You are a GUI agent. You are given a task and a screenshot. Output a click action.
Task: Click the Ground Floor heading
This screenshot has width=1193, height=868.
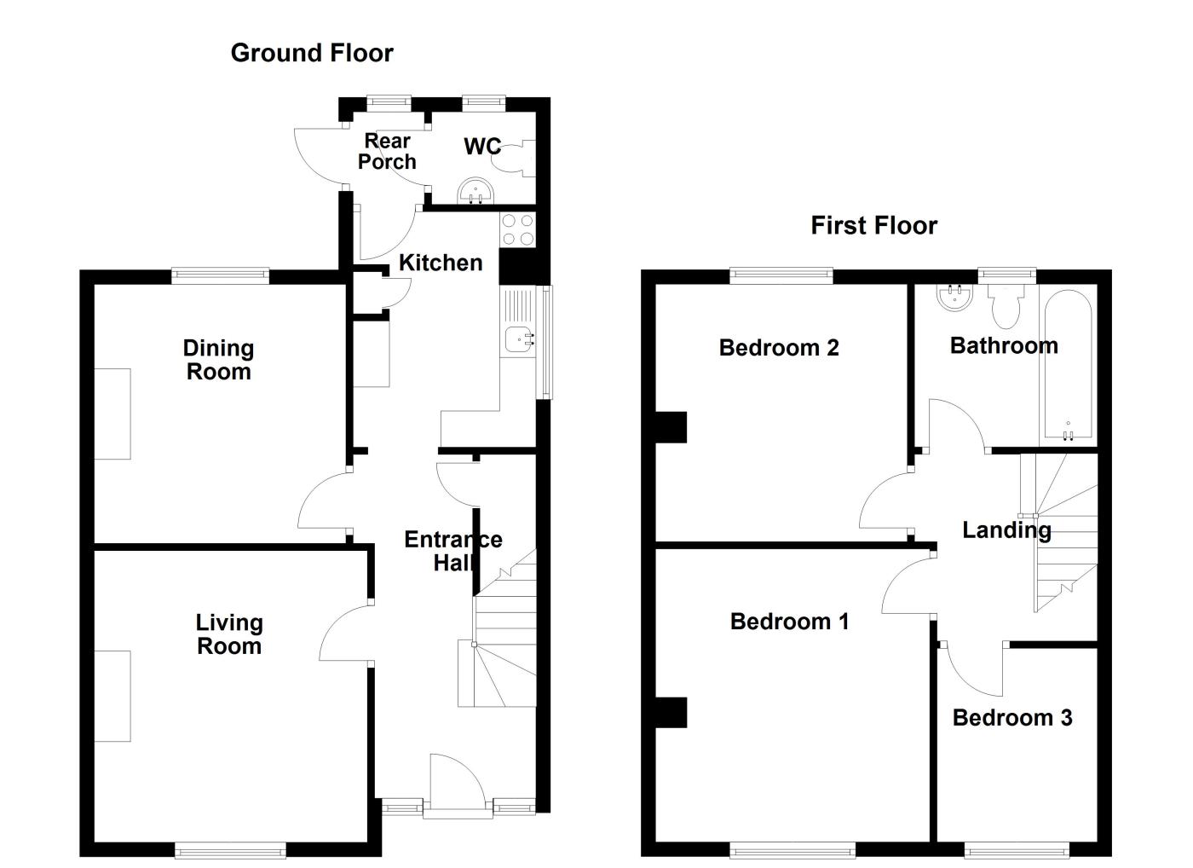[312, 53]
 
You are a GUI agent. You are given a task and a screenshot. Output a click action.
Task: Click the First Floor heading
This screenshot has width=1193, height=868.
[873, 225]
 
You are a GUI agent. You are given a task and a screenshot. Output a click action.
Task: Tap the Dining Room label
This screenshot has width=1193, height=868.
[218, 360]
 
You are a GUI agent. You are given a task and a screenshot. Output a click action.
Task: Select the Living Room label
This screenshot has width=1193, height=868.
[228, 634]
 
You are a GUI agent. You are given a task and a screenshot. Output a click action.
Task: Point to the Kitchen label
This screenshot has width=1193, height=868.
[441, 263]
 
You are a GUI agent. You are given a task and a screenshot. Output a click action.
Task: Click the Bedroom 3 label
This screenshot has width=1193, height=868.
[1011, 718]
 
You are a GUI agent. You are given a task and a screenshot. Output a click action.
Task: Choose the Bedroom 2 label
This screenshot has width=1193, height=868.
[779, 348]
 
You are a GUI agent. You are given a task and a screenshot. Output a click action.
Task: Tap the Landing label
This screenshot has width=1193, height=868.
[1006, 530]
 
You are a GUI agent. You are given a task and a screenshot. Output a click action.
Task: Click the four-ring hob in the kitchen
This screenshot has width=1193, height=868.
[517, 229]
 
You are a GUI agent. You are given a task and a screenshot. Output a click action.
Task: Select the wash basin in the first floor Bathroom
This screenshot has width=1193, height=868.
[954, 296]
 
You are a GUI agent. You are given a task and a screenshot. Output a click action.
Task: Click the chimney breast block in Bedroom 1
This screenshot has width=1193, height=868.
[671, 713]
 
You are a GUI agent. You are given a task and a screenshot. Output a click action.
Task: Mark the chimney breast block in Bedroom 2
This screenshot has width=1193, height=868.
[671, 427]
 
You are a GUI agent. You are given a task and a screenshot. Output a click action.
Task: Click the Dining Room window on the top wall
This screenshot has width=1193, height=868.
[220, 275]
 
